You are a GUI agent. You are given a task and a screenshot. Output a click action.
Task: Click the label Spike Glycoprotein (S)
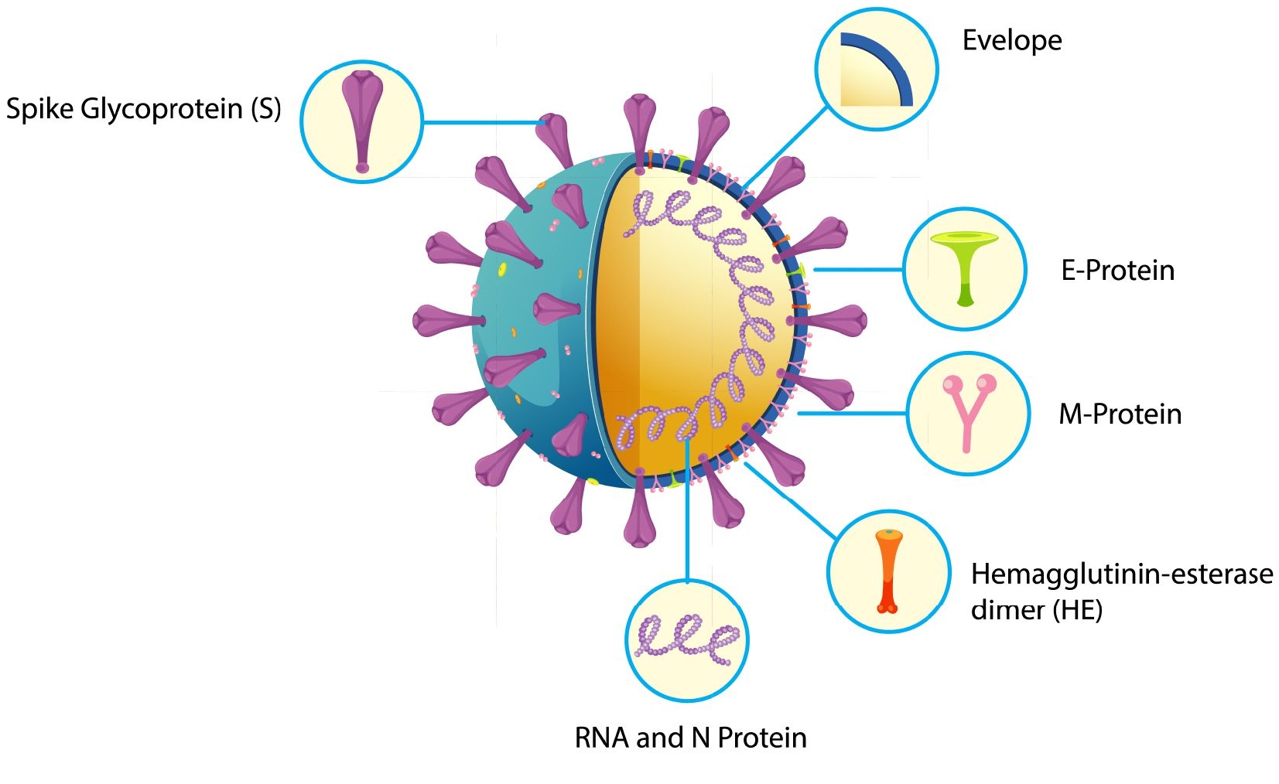click(143, 109)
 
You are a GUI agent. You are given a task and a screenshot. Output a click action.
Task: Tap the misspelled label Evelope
click(1011, 40)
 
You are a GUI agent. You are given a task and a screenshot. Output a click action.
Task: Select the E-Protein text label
click(1117, 270)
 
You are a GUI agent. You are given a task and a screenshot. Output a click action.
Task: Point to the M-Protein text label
click(1120, 414)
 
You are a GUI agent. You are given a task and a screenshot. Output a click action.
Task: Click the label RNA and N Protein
click(690, 738)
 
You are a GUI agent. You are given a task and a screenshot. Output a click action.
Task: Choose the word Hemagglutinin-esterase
click(1121, 574)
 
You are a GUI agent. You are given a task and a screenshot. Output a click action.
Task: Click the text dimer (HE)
click(1036, 610)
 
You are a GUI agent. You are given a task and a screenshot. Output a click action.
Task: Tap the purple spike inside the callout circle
click(361, 116)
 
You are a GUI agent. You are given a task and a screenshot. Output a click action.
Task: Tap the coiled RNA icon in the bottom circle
click(686, 639)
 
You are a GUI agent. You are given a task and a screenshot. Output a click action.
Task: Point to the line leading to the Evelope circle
click(785, 147)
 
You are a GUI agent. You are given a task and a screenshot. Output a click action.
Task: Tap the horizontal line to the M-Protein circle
click(851, 414)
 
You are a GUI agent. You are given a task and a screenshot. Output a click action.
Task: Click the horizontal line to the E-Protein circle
click(859, 270)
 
